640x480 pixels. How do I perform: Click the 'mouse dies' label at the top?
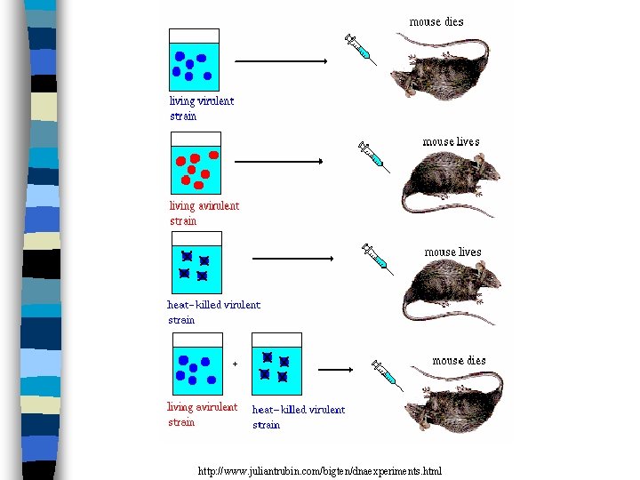point(436,21)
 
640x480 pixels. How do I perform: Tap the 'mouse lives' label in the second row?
point(451,141)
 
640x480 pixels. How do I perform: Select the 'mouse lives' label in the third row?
point(452,252)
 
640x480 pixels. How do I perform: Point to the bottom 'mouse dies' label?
point(459,360)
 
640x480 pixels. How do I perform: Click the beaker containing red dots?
point(196,165)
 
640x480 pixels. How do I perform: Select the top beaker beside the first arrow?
point(194,59)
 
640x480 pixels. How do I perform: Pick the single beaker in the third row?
point(196,262)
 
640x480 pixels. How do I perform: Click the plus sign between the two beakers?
point(236,363)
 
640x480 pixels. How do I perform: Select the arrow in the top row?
point(281,61)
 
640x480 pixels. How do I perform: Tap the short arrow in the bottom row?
point(336,369)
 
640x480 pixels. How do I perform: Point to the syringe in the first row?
point(361,50)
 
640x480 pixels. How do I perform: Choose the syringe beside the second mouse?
point(373,155)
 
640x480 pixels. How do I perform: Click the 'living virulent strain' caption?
point(202,108)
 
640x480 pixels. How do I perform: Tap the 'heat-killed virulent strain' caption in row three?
point(214,312)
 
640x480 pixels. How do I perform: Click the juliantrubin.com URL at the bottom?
point(319,470)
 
